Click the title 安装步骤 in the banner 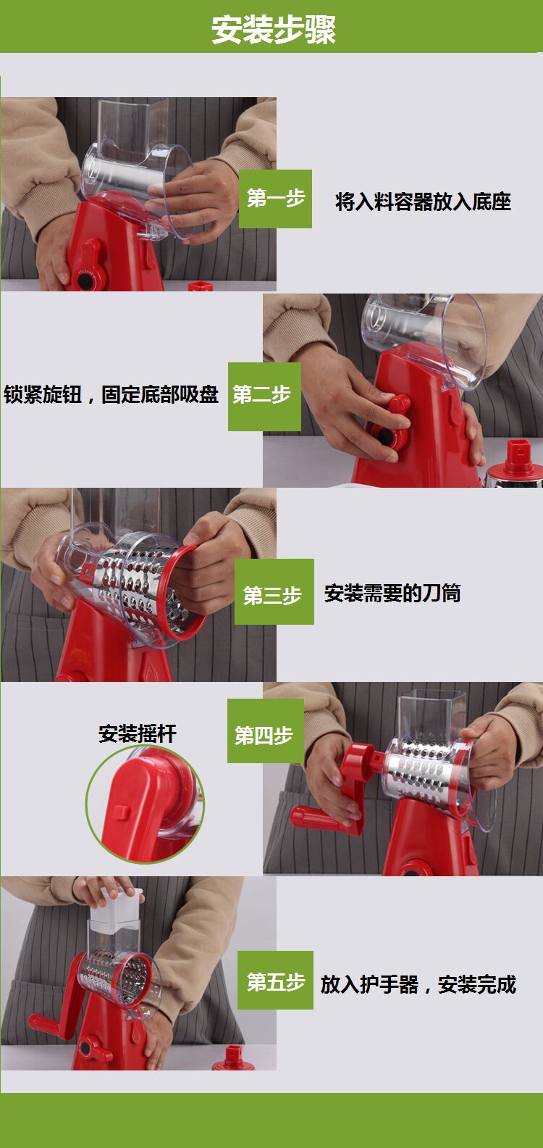(x=274, y=29)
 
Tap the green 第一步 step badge (x=275, y=199)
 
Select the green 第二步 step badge (x=264, y=396)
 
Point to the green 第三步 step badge (x=274, y=591)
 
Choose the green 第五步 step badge (x=275, y=980)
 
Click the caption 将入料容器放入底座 (x=424, y=201)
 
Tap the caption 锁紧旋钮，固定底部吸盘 (x=111, y=394)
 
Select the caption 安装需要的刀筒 (x=392, y=593)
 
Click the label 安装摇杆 (x=138, y=733)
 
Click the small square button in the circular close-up (x=122, y=811)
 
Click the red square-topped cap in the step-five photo (x=234, y=1058)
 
